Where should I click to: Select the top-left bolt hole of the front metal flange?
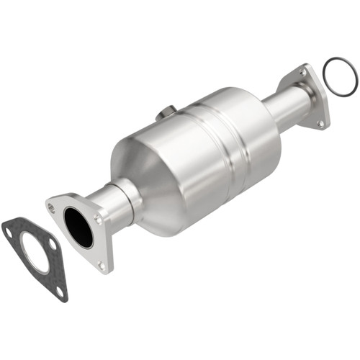[x=52, y=208]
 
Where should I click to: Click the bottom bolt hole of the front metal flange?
[x=101, y=265]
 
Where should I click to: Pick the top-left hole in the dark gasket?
[x=10, y=231]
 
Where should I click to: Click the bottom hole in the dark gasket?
[x=60, y=292]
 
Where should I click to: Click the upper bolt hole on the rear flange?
[x=303, y=72]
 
